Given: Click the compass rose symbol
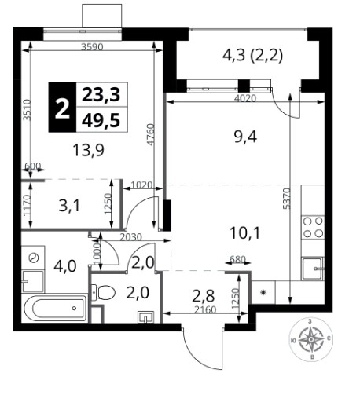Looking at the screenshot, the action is (310, 339).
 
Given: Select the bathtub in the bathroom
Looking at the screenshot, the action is (55, 308).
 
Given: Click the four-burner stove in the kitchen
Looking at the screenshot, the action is (313, 227).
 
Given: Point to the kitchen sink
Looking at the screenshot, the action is (313, 269).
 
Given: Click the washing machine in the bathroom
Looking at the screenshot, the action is (33, 258).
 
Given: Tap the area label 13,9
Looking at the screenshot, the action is (88, 151).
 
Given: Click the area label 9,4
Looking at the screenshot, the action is (245, 137).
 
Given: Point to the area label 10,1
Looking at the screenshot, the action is (244, 233).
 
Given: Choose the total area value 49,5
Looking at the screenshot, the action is (101, 121).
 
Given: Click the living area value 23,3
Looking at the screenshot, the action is (101, 95).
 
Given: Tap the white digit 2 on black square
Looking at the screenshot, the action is (62, 108).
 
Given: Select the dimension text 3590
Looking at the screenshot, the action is (92, 47).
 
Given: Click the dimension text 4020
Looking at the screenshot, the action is (245, 98).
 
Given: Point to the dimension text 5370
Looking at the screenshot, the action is (288, 198).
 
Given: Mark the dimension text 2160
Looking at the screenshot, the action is (205, 309).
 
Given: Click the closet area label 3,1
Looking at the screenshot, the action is (69, 207).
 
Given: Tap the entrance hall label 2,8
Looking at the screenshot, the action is (204, 296).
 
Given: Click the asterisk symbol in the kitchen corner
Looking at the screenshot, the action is (263, 292).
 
